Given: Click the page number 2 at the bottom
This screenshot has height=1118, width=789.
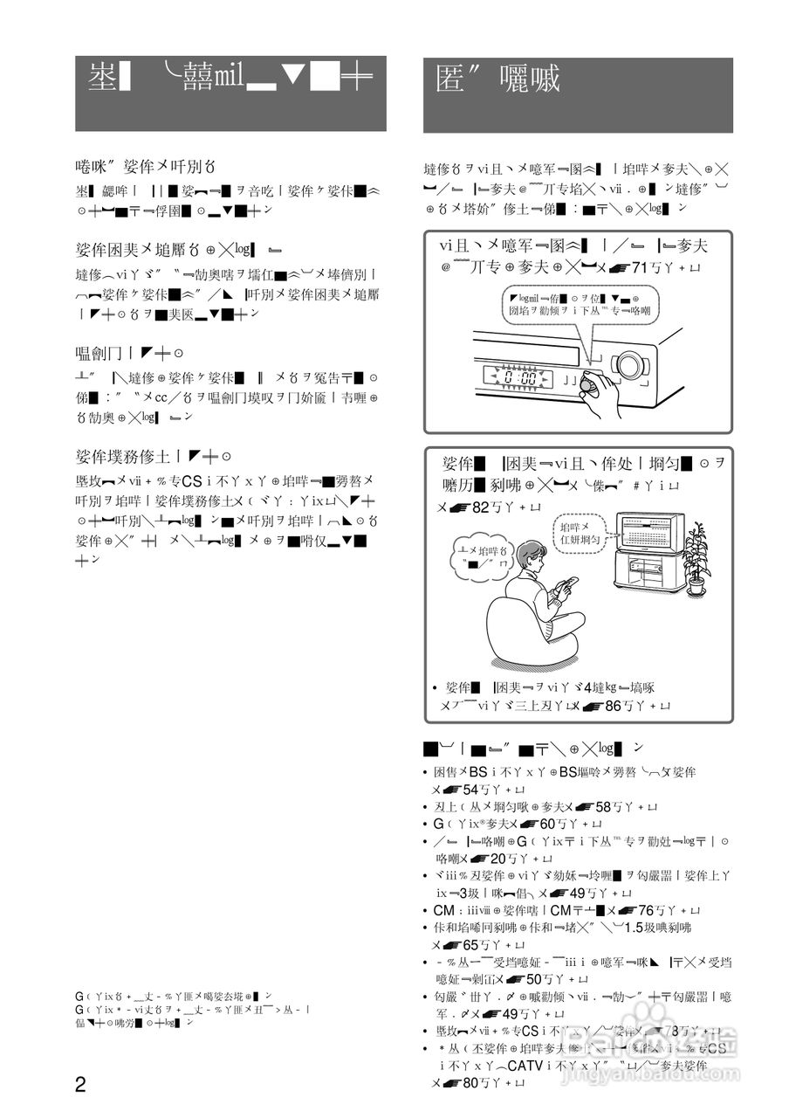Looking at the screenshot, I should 80,1085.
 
